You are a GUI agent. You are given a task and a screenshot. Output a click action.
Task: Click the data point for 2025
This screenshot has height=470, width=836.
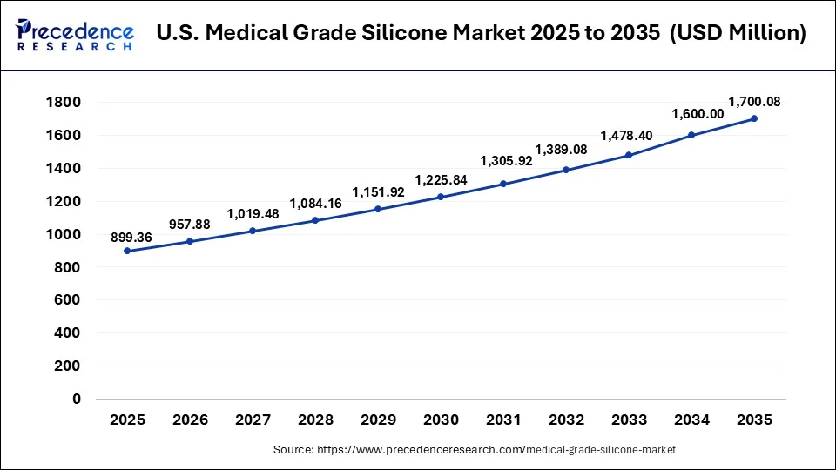point(127,251)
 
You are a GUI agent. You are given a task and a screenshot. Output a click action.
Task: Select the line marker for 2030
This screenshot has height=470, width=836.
point(441,197)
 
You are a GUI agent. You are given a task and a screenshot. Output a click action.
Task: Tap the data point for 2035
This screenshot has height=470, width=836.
point(754,118)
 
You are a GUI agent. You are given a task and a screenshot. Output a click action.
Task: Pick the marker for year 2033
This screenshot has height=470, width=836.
point(629,155)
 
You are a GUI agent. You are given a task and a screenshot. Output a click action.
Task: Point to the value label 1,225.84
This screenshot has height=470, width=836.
point(440,180)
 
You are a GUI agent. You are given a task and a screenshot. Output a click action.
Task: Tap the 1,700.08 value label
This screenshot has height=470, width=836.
point(754,102)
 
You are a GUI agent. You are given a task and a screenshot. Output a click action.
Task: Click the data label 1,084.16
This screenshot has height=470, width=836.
point(314,204)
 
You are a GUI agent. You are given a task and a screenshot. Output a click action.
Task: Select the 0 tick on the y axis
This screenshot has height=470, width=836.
point(76,399)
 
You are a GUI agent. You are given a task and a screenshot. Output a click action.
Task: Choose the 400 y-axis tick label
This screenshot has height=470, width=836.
point(66,333)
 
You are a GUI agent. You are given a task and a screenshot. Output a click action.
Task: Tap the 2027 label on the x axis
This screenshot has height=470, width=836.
point(253,420)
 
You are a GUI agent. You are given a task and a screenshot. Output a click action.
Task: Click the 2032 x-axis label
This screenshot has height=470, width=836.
point(566,420)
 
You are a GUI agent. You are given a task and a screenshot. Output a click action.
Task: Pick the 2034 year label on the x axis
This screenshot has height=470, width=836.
point(691,420)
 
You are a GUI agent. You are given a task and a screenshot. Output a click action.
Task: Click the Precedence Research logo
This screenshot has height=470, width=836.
point(75,35)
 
